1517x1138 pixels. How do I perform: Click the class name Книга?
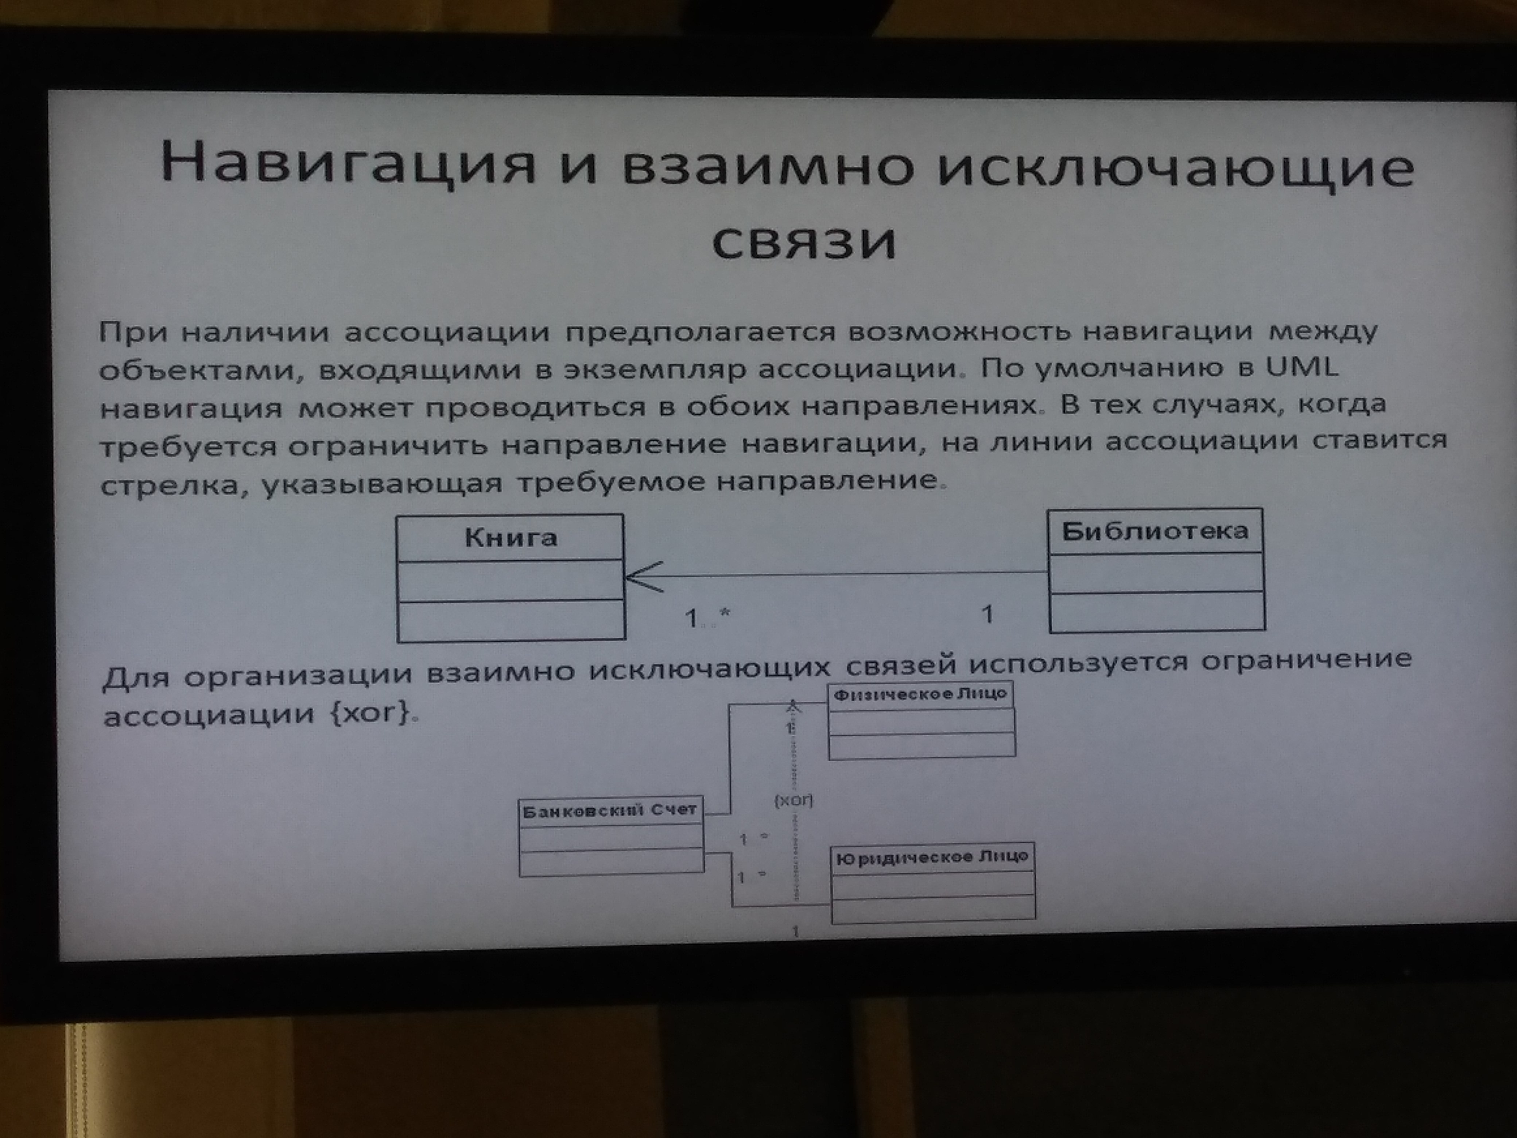(511, 538)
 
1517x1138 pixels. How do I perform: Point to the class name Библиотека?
(1155, 531)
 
